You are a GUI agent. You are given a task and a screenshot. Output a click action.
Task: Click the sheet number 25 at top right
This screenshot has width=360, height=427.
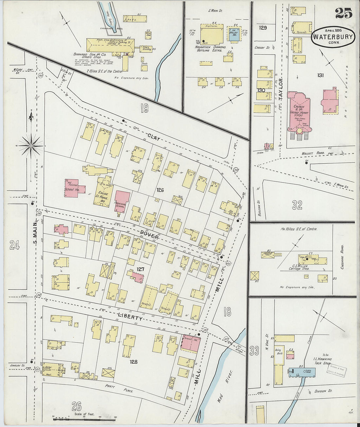point(343,13)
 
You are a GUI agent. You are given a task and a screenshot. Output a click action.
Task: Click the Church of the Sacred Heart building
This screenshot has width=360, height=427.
point(299,111)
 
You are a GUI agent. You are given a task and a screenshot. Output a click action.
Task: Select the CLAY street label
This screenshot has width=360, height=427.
point(154,137)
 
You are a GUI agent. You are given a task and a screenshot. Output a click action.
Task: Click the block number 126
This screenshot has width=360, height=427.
point(160,190)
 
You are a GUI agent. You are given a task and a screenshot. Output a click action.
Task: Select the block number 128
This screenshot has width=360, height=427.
point(133,362)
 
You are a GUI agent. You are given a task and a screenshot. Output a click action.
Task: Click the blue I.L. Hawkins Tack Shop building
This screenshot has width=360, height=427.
point(302,372)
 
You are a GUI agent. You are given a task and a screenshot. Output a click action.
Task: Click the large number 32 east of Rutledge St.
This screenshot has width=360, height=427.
point(297,205)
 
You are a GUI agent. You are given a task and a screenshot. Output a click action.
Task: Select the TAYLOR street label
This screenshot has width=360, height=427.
point(280,87)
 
